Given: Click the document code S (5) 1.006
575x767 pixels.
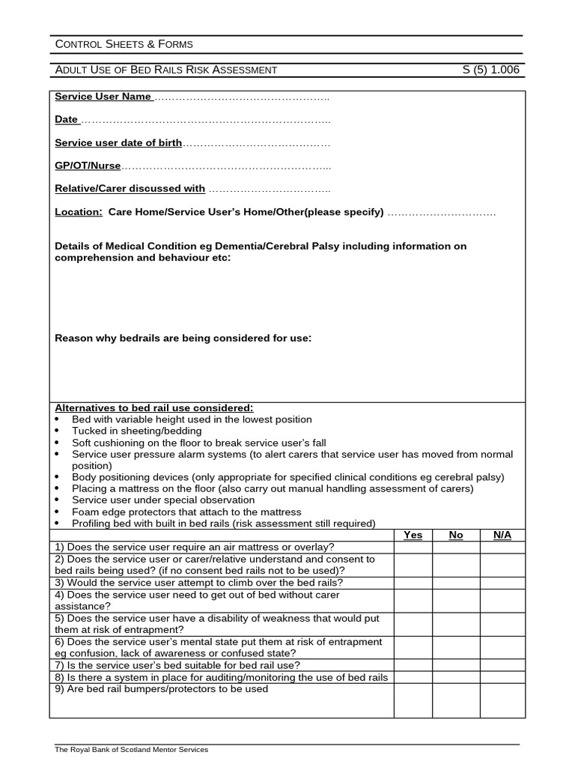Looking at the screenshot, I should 490,70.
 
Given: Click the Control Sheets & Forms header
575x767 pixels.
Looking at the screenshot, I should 124,44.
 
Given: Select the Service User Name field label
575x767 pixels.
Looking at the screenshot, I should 103,97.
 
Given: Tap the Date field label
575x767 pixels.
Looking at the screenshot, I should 67,119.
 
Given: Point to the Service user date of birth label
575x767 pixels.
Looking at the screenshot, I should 118,142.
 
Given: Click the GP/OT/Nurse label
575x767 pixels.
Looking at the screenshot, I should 88,166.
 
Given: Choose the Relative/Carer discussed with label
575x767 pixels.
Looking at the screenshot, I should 130,189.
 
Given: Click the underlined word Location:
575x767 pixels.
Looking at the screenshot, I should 79,212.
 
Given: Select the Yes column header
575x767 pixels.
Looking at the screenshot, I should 413,535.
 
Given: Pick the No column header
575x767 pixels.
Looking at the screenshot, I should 456,535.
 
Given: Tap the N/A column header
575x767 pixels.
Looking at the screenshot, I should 502,535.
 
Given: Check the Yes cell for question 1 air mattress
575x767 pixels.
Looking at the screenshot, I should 413,547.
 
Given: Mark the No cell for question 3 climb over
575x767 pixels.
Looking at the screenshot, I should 456,582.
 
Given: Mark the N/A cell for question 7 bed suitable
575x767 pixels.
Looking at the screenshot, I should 502,664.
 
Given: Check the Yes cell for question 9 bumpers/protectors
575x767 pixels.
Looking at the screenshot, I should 413,700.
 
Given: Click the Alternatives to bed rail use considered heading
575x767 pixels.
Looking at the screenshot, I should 154,407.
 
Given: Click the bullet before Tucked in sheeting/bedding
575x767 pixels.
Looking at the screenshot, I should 58,431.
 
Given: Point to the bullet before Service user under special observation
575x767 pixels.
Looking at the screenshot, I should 58,500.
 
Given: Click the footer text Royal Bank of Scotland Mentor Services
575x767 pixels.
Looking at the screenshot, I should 132,749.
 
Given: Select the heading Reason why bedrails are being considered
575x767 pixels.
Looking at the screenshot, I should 183,338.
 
